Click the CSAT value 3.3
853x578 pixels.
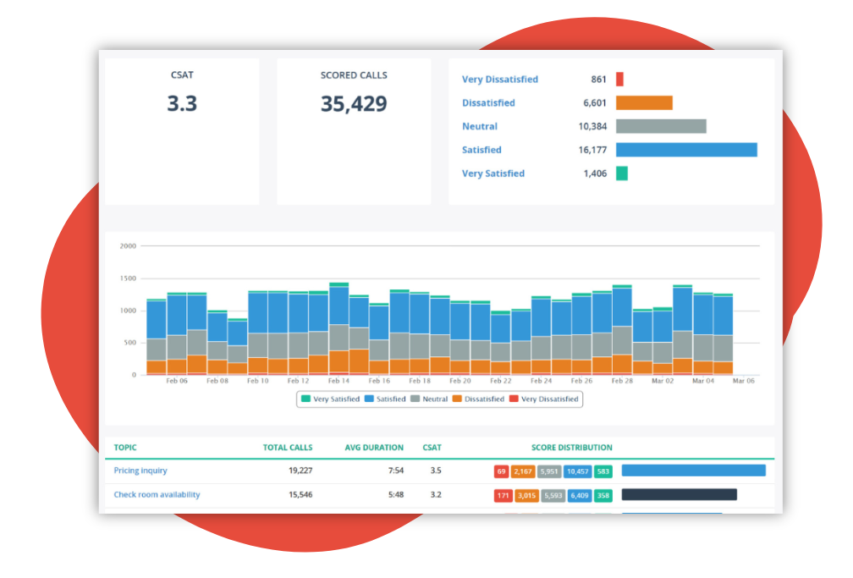(181, 104)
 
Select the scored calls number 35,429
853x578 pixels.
(354, 104)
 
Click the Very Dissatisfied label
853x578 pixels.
(499, 80)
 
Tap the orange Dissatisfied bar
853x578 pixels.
(644, 103)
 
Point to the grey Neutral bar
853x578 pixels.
(661, 126)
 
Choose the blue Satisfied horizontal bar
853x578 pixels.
(686, 150)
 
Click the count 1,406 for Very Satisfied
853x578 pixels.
(595, 173)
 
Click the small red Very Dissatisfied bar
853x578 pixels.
(619, 80)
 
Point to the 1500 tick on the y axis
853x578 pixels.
(128, 278)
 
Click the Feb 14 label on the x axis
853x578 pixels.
(339, 382)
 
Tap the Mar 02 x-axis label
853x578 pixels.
(663, 382)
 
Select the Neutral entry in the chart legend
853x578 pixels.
(432, 399)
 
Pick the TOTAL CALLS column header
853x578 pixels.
(287, 448)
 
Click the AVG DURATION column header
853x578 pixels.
(374, 448)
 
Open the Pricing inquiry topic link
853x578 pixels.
(140, 471)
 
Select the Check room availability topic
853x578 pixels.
(157, 495)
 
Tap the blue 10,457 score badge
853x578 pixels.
(578, 471)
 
